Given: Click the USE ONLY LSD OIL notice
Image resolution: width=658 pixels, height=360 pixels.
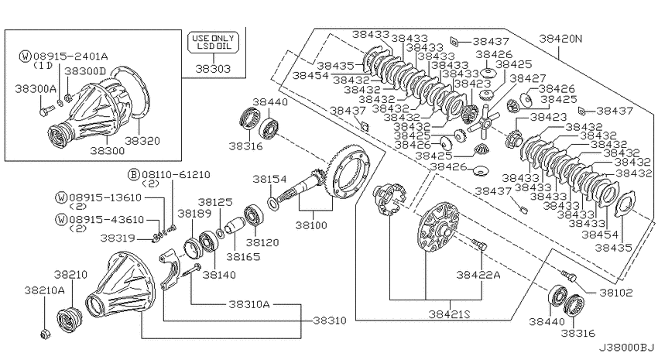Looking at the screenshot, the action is pyautogui.click(x=213, y=43).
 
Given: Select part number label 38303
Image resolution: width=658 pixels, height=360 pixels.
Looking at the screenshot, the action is pyautogui.click(x=213, y=68).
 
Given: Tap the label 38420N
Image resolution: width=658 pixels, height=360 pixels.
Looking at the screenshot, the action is pyautogui.click(x=561, y=39).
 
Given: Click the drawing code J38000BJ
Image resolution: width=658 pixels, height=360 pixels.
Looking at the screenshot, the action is pyautogui.click(x=626, y=348).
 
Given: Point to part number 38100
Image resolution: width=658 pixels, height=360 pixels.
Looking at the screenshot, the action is pyautogui.click(x=311, y=225).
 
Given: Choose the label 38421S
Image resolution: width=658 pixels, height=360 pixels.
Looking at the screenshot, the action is pyautogui.click(x=450, y=314).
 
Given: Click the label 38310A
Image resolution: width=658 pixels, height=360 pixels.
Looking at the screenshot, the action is pyautogui.click(x=249, y=303).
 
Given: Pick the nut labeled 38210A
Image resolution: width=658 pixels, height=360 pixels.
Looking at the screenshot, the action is pyautogui.click(x=44, y=334).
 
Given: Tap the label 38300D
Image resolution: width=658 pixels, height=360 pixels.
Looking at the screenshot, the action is pyautogui.click(x=86, y=71).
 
